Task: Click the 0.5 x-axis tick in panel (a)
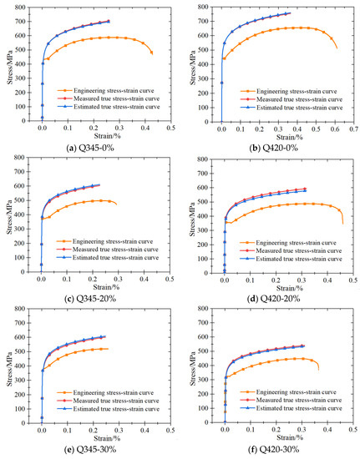tap(170, 129)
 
